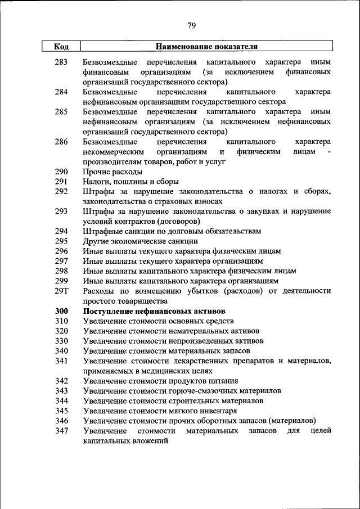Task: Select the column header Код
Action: pyautogui.click(x=61, y=47)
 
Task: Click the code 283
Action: pyautogui.click(x=61, y=61)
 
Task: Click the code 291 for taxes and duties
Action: pyautogui.click(x=61, y=182)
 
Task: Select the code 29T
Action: pyautogui.click(x=61, y=291)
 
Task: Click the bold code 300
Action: pyautogui.click(x=61, y=311)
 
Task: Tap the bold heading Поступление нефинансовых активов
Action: pyautogui.click(x=154, y=311)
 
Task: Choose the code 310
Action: pyautogui.click(x=61, y=321)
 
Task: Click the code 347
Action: pyautogui.click(x=61, y=431)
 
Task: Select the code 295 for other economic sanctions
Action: pyautogui.click(x=61, y=241)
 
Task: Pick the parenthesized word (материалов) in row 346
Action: pyautogui.click(x=292, y=421)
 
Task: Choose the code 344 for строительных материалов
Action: pyautogui.click(x=61, y=401)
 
